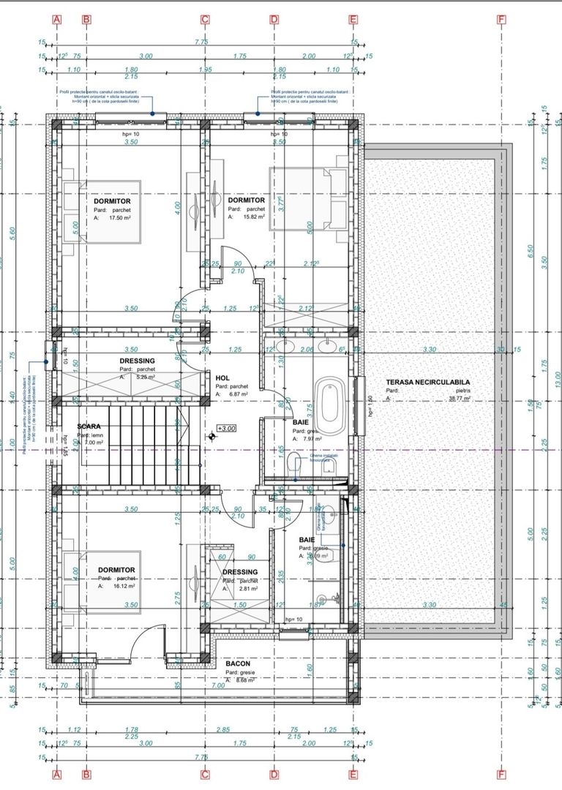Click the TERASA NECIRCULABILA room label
427,382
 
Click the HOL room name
222,377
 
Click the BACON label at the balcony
237,663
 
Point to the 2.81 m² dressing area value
247,589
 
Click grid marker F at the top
501,20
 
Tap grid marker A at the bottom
58,774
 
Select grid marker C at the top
205,20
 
